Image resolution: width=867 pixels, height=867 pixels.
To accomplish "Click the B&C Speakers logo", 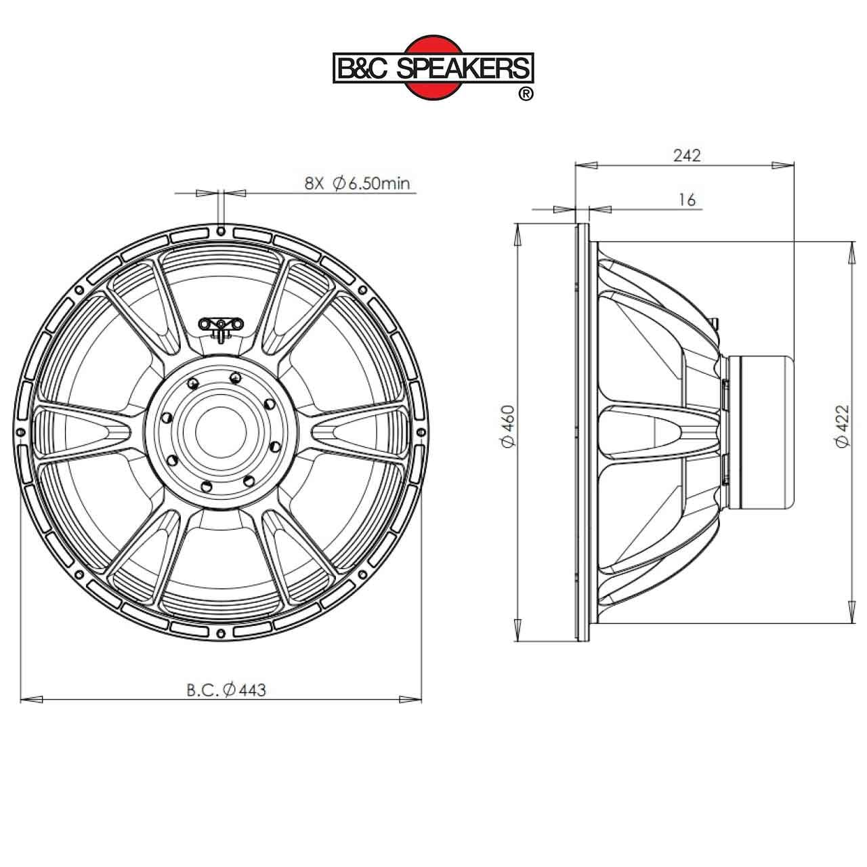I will (433, 68).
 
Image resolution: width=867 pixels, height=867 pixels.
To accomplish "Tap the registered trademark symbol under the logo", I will (525, 94).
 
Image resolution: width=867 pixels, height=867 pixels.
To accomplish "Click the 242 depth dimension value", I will (687, 155).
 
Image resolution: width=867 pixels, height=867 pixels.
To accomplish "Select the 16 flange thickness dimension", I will (686, 200).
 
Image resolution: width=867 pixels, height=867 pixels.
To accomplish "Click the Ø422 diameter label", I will (842, 427).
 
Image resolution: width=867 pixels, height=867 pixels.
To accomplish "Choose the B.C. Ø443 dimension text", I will (226, 690).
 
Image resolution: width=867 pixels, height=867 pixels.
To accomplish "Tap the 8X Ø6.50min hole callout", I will (357, 183).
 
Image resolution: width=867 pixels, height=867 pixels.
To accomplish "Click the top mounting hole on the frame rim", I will (221, 231).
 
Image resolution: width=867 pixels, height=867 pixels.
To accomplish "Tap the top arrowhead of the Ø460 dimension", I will (518, 234).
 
